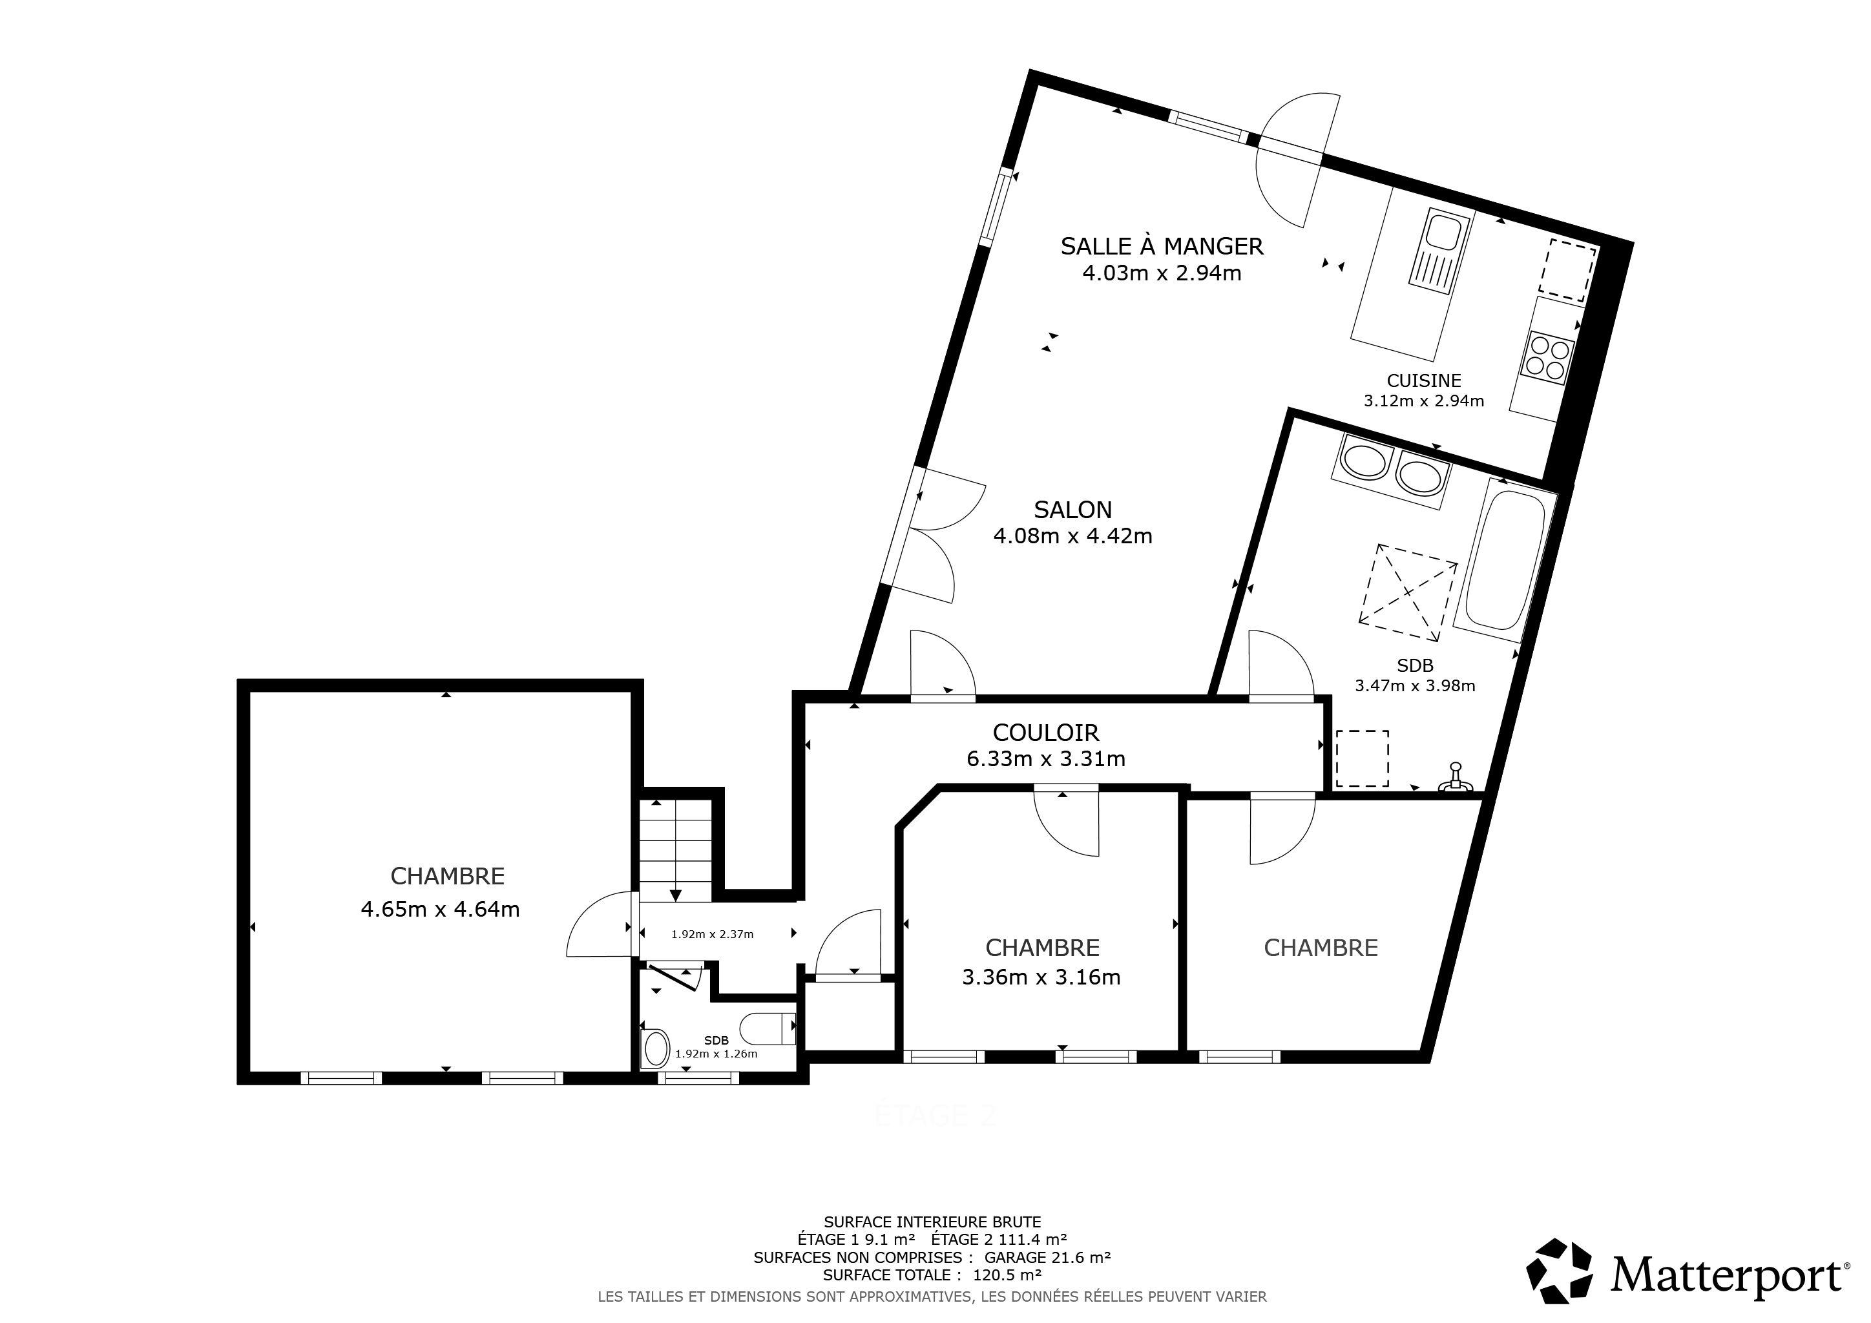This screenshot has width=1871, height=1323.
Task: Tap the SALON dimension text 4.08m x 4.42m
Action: click(x=1072, y=536)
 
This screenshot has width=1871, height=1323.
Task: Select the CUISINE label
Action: click(x=1424, y=380)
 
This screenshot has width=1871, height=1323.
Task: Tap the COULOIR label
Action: click(x=1047, y=733)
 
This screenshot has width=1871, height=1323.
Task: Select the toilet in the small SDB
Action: click(x=768, y=1028)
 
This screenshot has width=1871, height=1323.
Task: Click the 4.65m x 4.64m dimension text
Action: click(x=440, y=909)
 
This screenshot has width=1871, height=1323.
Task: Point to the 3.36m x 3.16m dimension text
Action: click(x=1041, y=977)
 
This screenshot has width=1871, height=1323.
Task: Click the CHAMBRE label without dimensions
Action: click(x=1321, y=948)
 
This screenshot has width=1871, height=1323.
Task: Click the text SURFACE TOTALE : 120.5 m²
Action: click(x=932, y=1275)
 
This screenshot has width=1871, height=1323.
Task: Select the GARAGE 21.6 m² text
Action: click(x=1048, y=1258)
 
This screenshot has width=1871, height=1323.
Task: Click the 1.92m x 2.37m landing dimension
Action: click(x=712, y=934)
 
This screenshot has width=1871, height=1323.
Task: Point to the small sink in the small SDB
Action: click(x=655, y=1048)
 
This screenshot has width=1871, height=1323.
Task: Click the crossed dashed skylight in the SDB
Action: click(x=1407, y=592)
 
